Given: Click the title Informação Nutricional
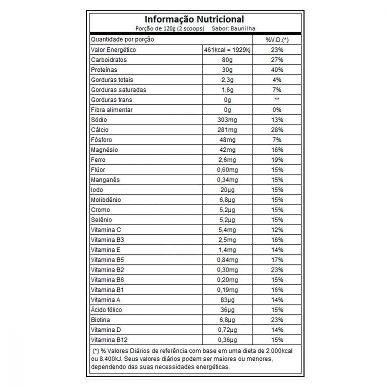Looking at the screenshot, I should (194, 19).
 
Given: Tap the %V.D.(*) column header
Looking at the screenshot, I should (277, 40).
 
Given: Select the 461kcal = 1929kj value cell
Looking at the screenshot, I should (227, 50).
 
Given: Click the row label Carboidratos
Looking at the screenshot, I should (109, 60).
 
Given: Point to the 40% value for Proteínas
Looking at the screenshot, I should (277, 70).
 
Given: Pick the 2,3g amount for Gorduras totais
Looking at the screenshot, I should (227, 80).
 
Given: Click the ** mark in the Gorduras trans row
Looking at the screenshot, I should (277, 100).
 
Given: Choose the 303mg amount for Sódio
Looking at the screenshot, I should (227, 120).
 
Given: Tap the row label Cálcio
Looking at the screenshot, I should (100, 130).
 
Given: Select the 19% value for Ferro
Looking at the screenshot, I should (277, 160).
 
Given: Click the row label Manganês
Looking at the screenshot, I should (105, 180).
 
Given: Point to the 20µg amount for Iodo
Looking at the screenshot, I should (227, 190).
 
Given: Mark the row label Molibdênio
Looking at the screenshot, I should (106, 200).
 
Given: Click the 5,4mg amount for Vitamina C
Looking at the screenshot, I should (227, 230).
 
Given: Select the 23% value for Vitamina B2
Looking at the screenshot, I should (277, 270).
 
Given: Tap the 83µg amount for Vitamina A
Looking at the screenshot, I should (227, 300).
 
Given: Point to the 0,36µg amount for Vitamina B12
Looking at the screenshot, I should (227, 340).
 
